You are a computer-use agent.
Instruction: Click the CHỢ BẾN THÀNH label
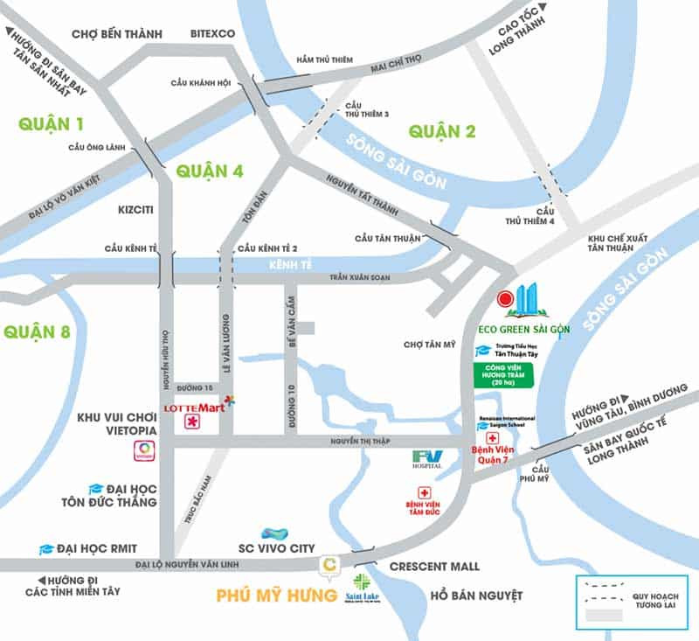point(117,34)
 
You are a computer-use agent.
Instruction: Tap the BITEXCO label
point(213,34)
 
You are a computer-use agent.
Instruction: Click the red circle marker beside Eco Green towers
point(504,299)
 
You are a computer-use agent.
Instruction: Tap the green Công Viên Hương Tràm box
point(502,374)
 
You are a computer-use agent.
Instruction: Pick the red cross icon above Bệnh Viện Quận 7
point(491,437)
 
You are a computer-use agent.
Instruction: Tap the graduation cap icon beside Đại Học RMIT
point(46,549)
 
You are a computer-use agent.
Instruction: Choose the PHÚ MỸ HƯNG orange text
point(276,596)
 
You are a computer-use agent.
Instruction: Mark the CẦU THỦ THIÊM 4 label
point(546,216)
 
